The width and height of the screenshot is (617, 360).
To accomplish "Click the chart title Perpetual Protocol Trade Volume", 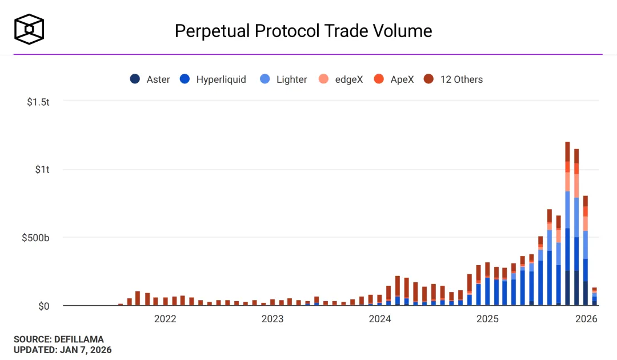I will point(303,30).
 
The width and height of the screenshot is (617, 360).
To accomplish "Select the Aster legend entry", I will point(150,79).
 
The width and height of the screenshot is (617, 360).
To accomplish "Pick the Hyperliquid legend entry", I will point(214,79).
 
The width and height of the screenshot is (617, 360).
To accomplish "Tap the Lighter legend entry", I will point(284,79).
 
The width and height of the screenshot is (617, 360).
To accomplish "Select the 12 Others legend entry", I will point(454,79).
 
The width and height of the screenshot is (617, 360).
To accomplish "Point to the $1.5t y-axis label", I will point(38,102).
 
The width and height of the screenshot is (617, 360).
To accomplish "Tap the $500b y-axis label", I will point(36,238).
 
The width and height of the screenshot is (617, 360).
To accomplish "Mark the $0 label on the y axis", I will point(44,306).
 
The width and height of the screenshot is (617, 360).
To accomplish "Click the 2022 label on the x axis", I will point(165,319).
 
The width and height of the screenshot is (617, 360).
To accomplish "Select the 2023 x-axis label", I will point(273,319).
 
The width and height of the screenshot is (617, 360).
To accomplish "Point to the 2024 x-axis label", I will point(380,319).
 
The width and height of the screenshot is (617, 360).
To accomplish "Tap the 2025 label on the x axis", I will point(487,319).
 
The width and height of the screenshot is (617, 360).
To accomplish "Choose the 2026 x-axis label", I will point(586,319).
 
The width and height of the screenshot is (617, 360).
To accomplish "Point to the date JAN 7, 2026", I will point(86,350).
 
